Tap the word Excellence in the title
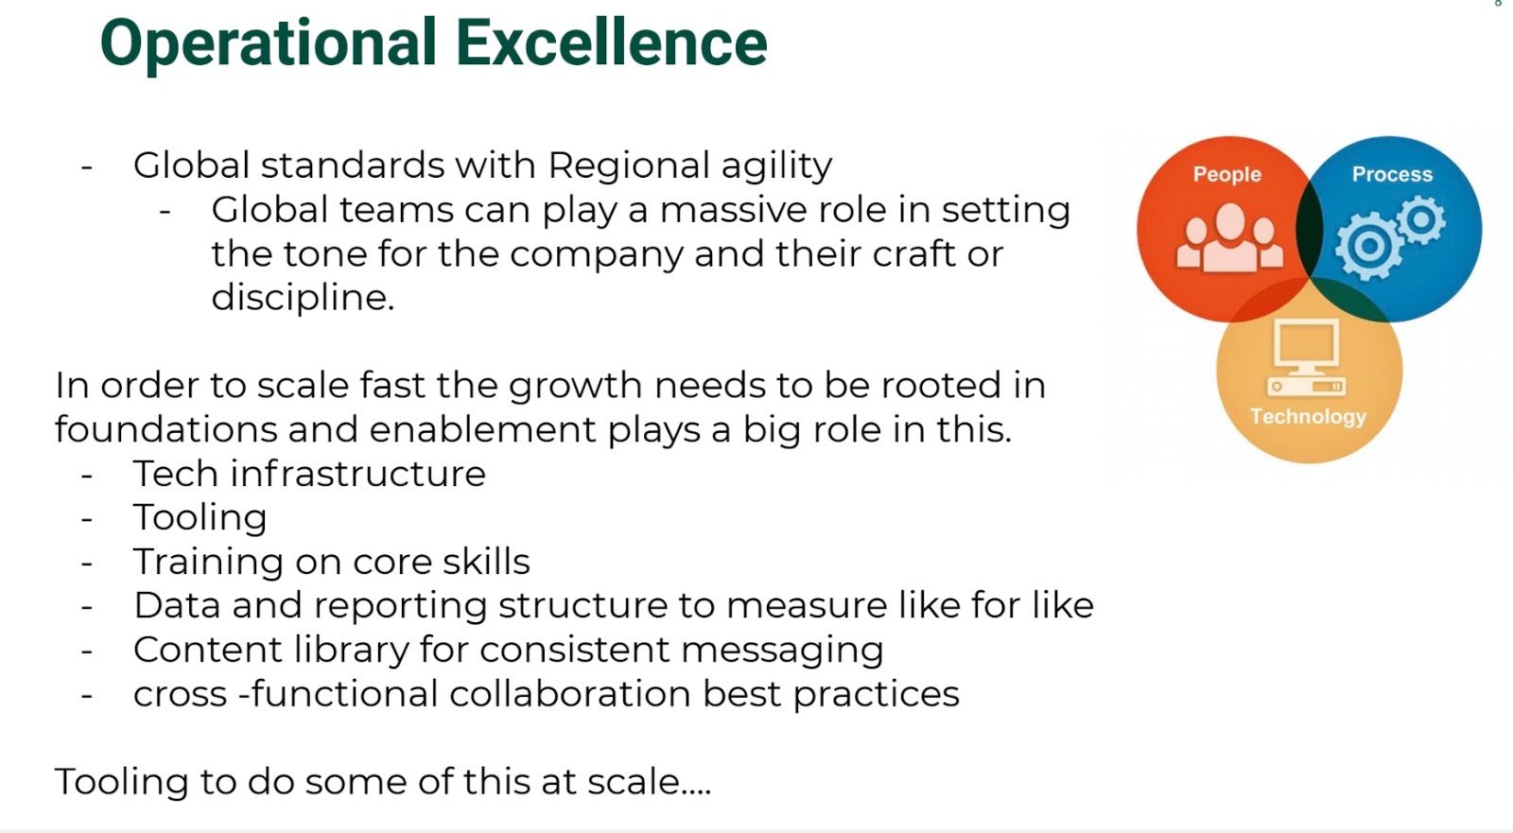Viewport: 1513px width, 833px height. pyautogui.click(x=612, y=43)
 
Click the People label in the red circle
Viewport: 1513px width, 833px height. pyautogui.click(x=1226, y=174)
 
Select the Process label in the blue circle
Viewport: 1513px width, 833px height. pyautogui.click(x=1392, y=174)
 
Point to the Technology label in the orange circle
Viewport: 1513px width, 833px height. pyautogui.click(x=1308, y=417)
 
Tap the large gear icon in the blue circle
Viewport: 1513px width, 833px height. pyautogui.click(x=1369, y=246)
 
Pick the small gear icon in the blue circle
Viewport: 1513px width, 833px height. pyautogui.click(x=1421, y=219)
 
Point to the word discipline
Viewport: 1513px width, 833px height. pyautogui.click(x=303, y=297)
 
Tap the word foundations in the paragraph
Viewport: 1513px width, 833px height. pyautogui.click(x=165, y=429)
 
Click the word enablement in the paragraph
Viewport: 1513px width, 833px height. pyautogui.click(x=482, y=429)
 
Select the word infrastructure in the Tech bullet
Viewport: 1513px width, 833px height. pyautogui.click(x=357, y=473)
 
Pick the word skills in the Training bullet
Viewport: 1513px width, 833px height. pyautogui.click(x=486, y=562)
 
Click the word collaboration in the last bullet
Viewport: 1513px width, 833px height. pyautogui.click(x=569, y=693)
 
